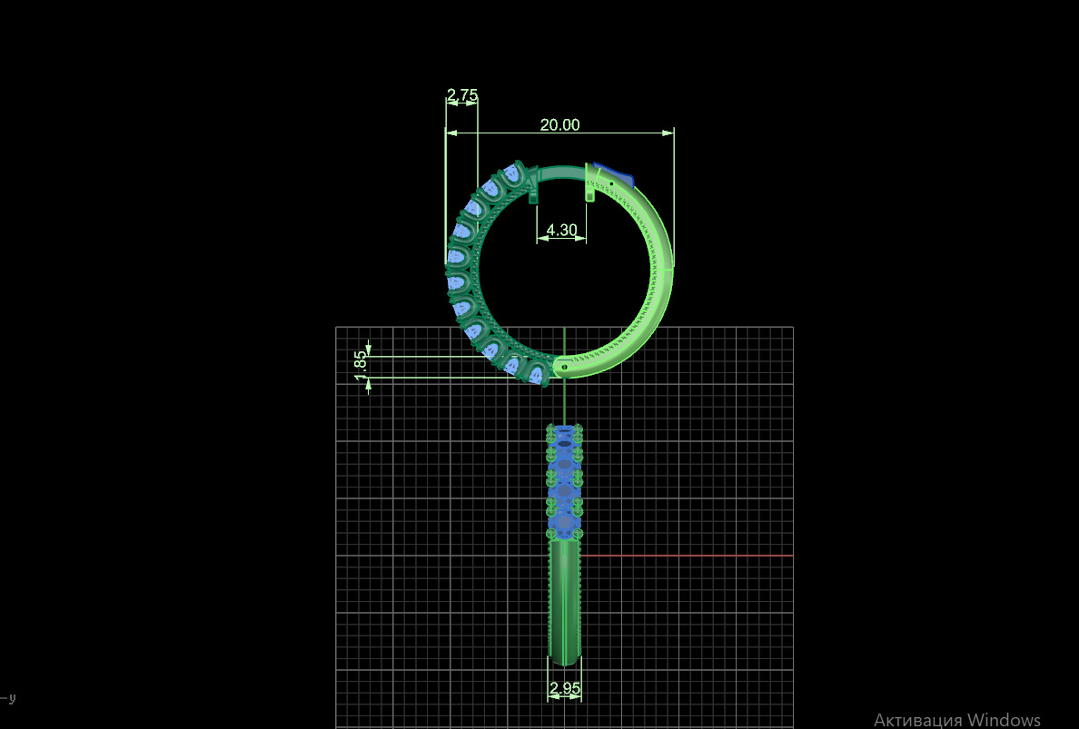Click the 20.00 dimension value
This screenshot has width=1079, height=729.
coord(559,125)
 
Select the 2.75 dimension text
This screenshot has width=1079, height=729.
coord(462,94)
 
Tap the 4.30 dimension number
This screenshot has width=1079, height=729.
coord(561,231)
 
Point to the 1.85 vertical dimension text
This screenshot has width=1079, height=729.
coord(361,360)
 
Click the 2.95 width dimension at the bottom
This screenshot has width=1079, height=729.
coord(565,689)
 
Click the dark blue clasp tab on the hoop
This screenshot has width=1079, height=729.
coord(614,173)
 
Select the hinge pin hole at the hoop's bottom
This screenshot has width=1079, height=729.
coord(565,367)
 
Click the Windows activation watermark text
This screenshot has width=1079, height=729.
coord(956,719)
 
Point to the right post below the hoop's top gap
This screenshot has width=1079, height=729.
coord(589,193)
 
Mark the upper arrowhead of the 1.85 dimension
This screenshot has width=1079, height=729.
coord(369,352)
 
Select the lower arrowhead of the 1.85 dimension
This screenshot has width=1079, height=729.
coord(369,382)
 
